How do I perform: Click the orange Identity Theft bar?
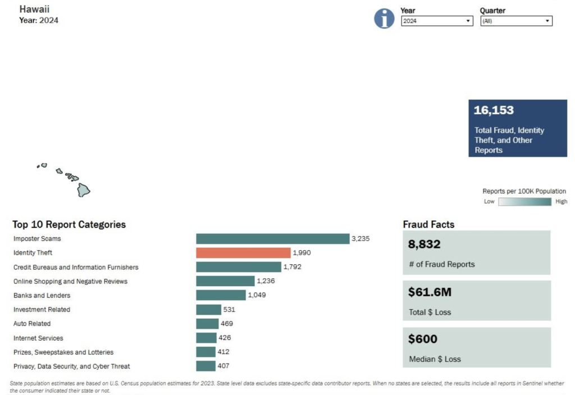pyautogui.click(x=243, y=253)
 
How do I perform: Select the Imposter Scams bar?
pyautogui.click(x=273, y=238)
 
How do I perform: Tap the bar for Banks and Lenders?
pyautogui.click(x=221, y=295)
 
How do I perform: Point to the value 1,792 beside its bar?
pyautogui.click(x=292, y=267)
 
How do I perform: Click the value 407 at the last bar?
pyautogui.click(x=223, y=366)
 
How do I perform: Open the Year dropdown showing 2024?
pyautogui.click(x=437, y=21)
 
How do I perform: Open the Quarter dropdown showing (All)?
pyautogui.click(x=516, y=21)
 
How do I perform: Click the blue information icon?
pyautogui.click(x=384, y=19)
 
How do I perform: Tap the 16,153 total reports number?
pyautogui.click(x=494, y=110)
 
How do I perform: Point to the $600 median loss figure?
pyautogui.click(x=423, y=339)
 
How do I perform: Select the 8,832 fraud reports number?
pyautogui.click(x=425, y=244)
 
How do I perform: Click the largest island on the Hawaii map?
pyautogui.click(x=83, y=190)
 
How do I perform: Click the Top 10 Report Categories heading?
pyautogui.click(x=69, y=224)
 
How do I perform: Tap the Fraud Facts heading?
pyautogui.click(x=428, y=224)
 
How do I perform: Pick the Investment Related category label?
pyautogui.click(x=42, y=310)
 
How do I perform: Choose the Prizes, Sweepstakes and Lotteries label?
pyautogui.click(x=63, y=352)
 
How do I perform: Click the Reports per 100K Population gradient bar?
pyautogui.click(x=525, y=202)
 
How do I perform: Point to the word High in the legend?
pyautogui.click(x=561, y=201)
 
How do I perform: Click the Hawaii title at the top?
pyautogui.click(x=34, y=9)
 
